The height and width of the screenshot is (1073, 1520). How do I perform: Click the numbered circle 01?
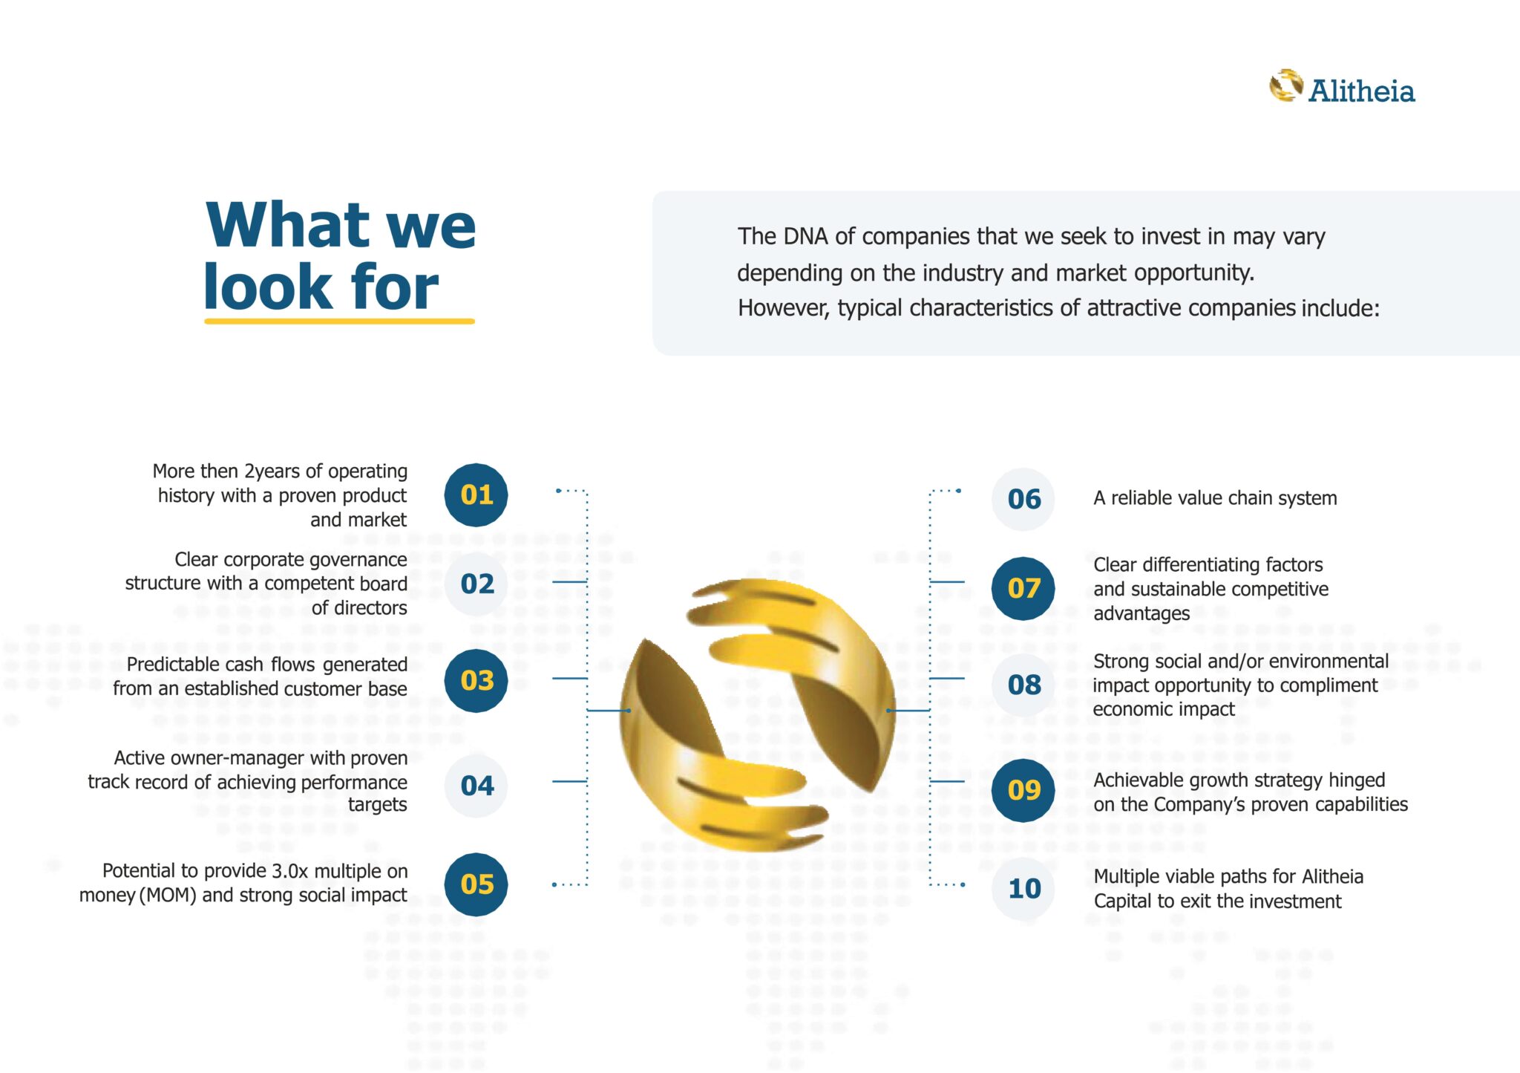(476, 495)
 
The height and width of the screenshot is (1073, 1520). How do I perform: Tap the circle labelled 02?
(476, 584)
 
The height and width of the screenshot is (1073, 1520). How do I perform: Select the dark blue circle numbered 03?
(476, 680)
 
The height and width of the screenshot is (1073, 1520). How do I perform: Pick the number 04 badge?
(476, 786)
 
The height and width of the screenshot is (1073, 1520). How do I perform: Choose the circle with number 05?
(476, 884)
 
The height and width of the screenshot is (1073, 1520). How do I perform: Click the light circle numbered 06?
(1023, 499)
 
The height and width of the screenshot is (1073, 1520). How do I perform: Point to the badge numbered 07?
(1023, 588)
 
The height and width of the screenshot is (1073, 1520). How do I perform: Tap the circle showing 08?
(1023, 685)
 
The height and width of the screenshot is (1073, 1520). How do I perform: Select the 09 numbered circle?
(1023, 790)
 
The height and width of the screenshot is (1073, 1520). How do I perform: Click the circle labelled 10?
(1023, 888)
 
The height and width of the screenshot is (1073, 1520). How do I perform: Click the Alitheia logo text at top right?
(1361, 91)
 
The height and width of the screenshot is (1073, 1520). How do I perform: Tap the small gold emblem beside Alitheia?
(1285, 86)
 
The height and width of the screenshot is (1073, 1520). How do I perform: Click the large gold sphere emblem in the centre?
(757, 713)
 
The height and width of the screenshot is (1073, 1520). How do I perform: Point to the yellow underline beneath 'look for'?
(339, 322)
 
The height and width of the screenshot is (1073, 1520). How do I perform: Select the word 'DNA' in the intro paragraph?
(806, 236)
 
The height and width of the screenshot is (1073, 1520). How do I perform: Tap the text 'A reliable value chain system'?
(1215, 498)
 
